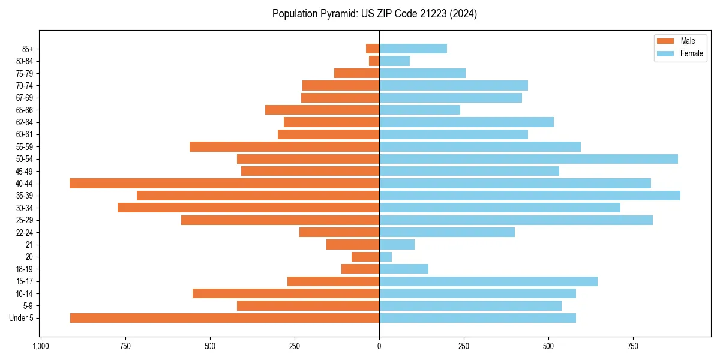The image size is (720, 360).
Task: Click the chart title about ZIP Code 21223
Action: point(374,14)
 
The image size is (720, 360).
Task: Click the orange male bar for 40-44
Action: point(224,183)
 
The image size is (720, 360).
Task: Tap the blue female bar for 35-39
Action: point(529,196)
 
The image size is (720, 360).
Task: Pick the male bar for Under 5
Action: point(224,318)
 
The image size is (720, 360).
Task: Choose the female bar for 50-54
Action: point(528,159)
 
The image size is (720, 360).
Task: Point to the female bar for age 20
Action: point(385,257)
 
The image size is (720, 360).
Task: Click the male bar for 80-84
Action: point(374,61)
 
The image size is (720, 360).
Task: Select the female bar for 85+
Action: point(413,49)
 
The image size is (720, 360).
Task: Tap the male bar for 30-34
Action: point(248,208)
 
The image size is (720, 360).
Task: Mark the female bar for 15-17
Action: point(488,281)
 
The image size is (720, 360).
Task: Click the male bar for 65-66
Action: point(322,110)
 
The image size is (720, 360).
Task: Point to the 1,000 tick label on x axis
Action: point(41,346)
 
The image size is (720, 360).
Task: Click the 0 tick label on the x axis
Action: point(379,346)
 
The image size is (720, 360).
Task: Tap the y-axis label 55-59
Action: point(24,147)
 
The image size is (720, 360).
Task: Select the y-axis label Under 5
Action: point(21,318)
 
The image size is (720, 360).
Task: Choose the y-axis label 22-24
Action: point(24,233)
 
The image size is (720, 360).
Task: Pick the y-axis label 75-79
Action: point(24,73)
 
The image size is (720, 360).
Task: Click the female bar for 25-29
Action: point(515,220)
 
